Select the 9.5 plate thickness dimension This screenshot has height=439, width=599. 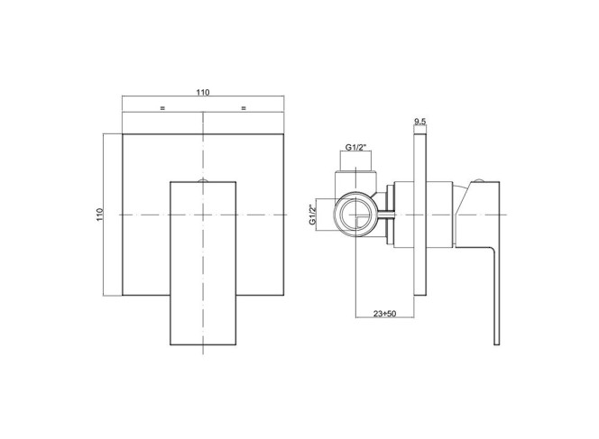click(419, 122)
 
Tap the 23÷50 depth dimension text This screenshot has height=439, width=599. click(384, 314)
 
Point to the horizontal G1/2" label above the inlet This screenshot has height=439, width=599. click(355, 147)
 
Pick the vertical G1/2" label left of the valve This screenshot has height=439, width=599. click(313, 215)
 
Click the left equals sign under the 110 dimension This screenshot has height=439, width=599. click(162, 108)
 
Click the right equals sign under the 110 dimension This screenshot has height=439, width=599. click(244, 108)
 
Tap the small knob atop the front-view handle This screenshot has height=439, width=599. click(203, 180)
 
